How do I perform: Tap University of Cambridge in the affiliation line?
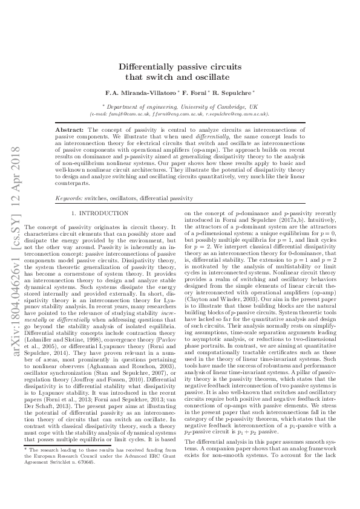pyautogui.click(x=208, y=106)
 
